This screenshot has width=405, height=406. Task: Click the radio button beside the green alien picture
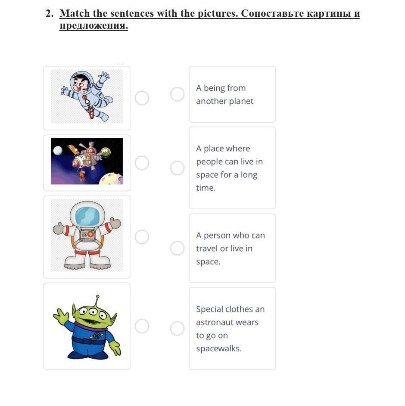142,326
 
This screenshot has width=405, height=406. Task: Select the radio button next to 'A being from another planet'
177,94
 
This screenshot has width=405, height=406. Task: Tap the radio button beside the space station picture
142,163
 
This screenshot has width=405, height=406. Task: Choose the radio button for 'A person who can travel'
177,248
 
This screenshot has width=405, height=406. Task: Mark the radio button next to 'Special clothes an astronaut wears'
177,329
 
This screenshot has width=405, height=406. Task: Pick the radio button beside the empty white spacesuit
142,237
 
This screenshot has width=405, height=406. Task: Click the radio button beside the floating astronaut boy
142,98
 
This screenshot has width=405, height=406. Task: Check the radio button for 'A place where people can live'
177,168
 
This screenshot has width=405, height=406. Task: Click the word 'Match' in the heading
75,13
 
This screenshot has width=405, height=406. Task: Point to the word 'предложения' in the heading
94,26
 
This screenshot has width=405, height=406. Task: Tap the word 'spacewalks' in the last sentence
219,348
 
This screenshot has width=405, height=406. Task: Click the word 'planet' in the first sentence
241,101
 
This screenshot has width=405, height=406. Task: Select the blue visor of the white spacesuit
87,217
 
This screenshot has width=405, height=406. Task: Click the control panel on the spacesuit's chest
87,235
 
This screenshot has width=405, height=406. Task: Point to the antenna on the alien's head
97,301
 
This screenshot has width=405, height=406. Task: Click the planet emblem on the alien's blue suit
97,336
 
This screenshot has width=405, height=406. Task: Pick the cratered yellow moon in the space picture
111,178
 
